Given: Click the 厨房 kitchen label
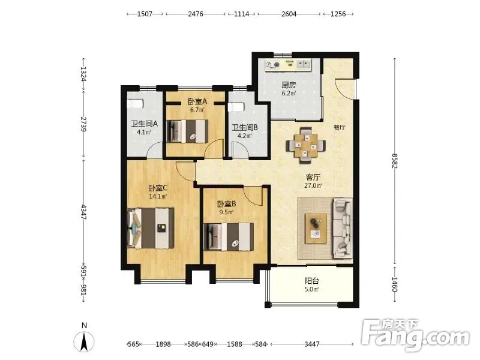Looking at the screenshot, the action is tap(289, 85).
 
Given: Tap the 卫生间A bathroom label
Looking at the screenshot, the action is tap(144, 124).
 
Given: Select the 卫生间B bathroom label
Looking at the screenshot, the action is tap(245, 127).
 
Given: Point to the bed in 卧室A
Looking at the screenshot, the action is tap(188, 131).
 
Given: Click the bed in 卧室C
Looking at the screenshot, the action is tap(151, 229).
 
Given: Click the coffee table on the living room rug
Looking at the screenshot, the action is tap(316, 229).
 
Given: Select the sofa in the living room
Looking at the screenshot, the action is tap(343, 228).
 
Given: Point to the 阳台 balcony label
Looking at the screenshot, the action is tap(312, 281).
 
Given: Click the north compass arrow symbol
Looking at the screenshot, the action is tap(83, 341).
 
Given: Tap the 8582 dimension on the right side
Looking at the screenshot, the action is tap(395, 161).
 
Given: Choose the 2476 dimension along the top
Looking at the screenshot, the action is tap(196, 14).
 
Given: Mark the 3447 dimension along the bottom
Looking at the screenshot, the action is tap(312, 344).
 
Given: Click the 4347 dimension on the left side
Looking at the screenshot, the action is tap(83, 212).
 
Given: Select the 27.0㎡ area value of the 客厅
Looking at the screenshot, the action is tap(313, 185).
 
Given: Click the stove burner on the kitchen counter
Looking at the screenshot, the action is tap(277, 65).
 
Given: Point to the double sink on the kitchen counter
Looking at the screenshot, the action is tap(303, 64).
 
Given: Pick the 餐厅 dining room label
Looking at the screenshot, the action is tap(340, 127).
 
